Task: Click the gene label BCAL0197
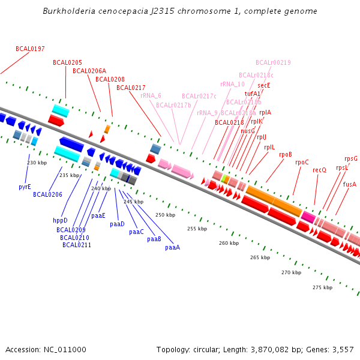[30, 49]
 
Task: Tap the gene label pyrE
[25, 187]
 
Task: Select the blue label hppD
[61, 220]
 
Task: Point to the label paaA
[172, 247]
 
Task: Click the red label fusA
[349, 184]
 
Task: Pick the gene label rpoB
[286, 154]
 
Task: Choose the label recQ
[319, 170]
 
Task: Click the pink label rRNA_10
[232, 84]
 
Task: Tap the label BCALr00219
[273, 62]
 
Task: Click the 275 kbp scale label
[322, 287]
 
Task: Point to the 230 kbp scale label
[37, 163]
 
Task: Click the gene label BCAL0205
[67, 62]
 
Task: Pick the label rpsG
[351, 158]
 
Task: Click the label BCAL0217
[131, 88]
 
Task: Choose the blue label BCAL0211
[77, 245]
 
